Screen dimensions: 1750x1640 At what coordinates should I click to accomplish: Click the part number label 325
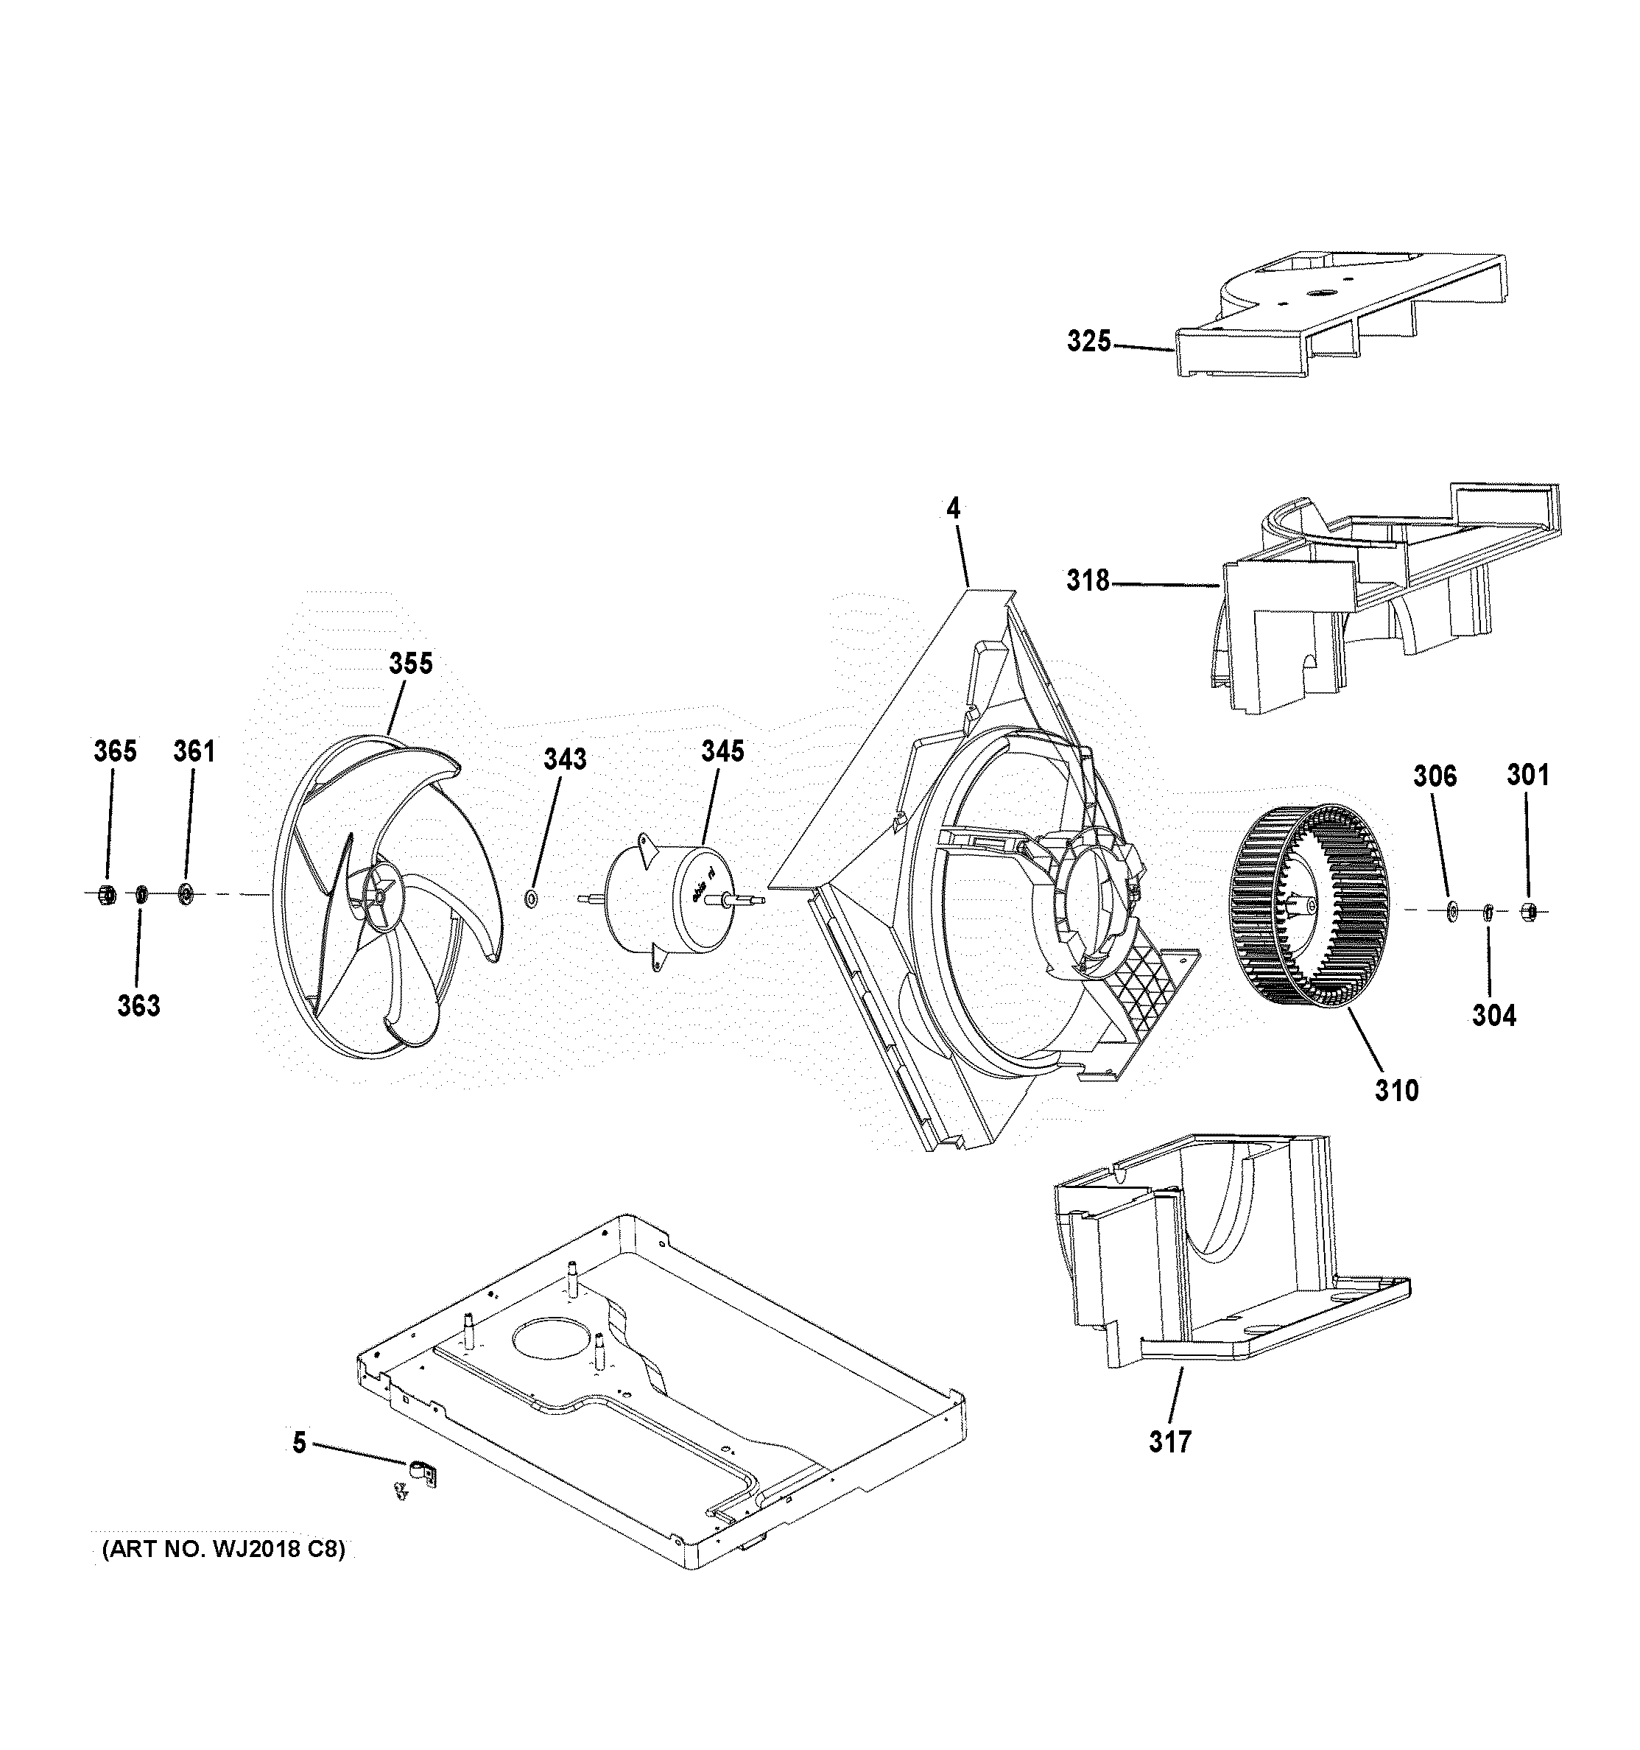(1089, 341)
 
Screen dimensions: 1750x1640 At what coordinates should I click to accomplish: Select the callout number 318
(1088, 580)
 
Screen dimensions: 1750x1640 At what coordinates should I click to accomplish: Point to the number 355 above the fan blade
(411, 663)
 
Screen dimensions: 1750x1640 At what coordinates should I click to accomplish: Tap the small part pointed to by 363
(140, 895)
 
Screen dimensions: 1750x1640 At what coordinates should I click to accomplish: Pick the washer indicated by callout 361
(185, 894)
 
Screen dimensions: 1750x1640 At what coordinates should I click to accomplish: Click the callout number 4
(954, 508)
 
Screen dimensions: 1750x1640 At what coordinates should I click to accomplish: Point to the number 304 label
(1494, 1015)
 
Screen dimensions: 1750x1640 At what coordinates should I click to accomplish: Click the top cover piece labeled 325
(1338, 317)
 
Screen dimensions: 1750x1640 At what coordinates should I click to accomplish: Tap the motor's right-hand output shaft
(745, 899)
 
